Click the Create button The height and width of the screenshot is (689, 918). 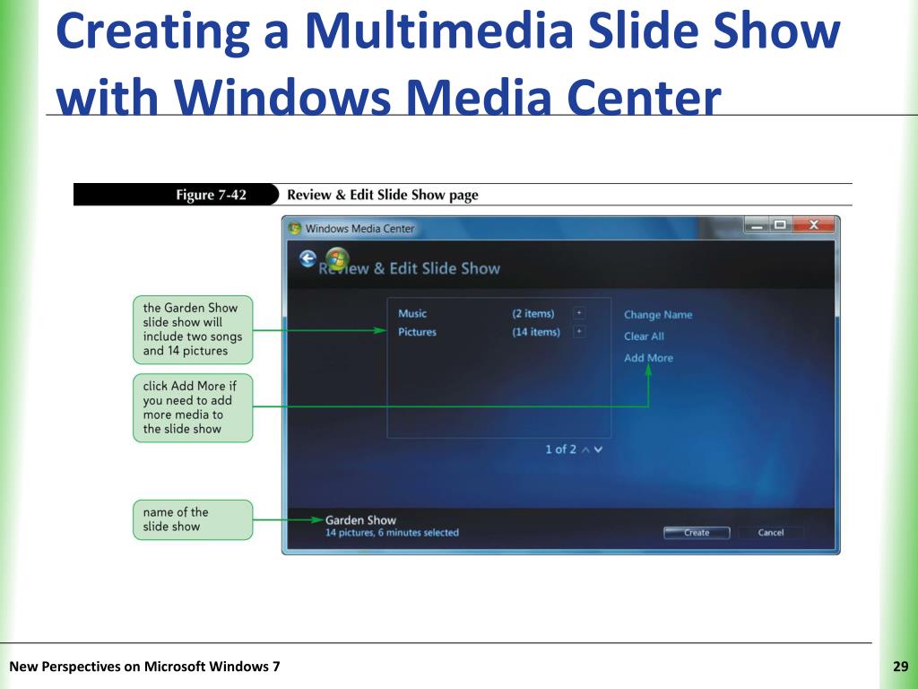pos(697,532)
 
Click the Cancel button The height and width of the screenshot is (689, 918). pos(770,532)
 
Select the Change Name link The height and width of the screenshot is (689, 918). pos(658,315)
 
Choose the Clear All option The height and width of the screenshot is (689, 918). pos(644,336)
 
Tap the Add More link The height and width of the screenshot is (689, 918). pos(648,358)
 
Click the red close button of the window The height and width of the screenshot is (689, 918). pos(813,225)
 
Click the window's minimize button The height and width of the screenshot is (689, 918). pos(758,225)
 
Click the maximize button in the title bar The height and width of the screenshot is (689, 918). pos(780,225)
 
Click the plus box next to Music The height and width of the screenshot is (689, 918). pos(579,313)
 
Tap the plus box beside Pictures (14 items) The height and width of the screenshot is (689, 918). pos(579,332)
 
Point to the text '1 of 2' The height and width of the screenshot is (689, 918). pos(560,449)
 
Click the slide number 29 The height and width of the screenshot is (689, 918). pos(900,667)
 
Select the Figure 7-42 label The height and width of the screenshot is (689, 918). pos(211,195)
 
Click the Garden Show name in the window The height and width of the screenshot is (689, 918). pos(360,520)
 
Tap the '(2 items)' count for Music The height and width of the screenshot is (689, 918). pos(533,313)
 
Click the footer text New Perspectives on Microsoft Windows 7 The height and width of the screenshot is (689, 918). pos(144,667)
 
